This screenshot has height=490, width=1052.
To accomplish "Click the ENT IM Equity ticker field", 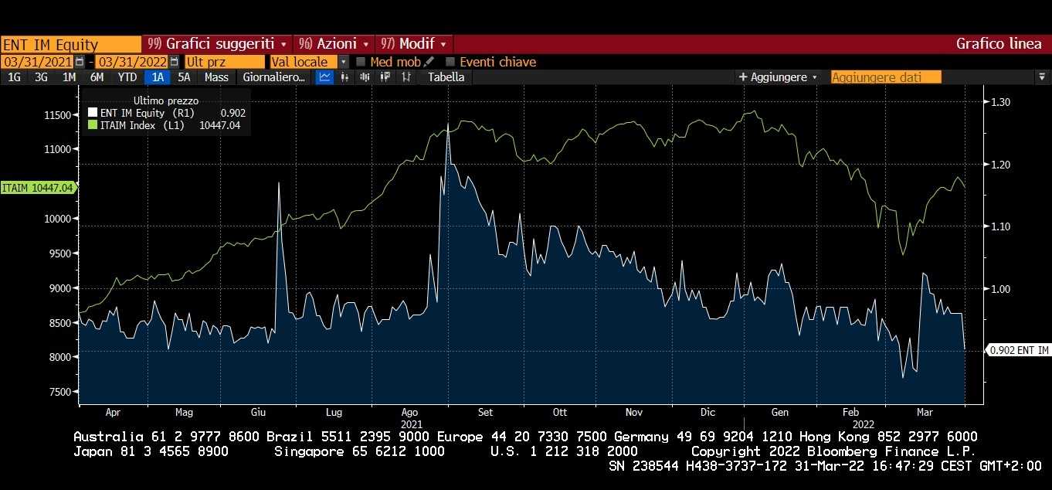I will click(x=70, y=44).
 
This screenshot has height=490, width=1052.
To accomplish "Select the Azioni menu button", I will click(x=333, y=44).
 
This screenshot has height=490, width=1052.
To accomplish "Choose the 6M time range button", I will click(x=97, y=77).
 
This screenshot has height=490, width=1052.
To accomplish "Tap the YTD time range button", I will click(x=127, y=77).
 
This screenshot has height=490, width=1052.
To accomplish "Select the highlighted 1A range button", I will click(x=158, y=77).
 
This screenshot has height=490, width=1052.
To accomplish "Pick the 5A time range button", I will click(x=184, y=77).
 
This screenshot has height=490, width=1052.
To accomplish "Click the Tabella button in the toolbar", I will click(x=446, y=77).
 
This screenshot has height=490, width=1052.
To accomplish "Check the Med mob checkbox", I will click(x=361, y=62).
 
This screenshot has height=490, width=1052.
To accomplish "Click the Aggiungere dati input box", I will click(x=886, y=77).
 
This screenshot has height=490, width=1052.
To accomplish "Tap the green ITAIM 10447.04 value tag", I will click(x=38, y=188).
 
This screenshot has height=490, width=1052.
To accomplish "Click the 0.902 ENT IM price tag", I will click(x=1018, y=351).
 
